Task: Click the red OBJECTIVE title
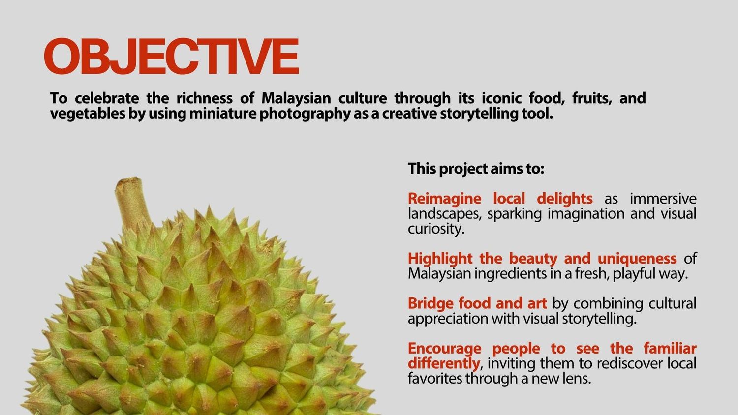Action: coord(171,57)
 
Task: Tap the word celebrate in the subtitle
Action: coord(107,98)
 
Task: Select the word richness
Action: coord(204,98)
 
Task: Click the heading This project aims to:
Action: coord(476,169)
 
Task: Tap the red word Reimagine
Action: coord(444,199)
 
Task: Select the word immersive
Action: coord(663,199)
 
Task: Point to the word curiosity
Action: coord(436,229)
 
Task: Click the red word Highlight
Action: coord(440,259)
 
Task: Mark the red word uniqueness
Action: coord(637,259)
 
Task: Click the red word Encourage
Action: coord(444,349)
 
